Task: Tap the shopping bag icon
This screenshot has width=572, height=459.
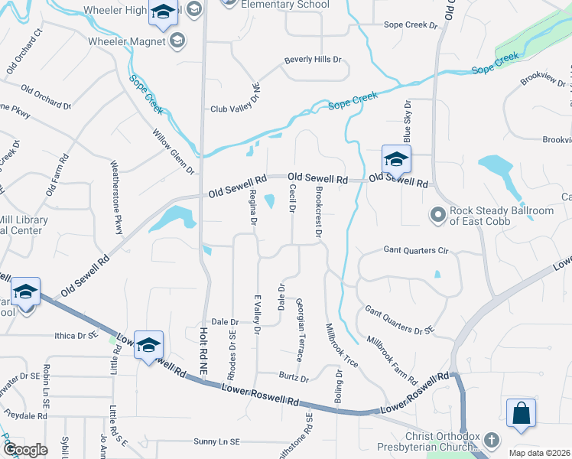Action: click(x=521, y=413)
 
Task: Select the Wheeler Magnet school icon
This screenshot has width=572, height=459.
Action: click(x=177, y=41)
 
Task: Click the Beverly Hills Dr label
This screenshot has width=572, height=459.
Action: click(x=312, y=59)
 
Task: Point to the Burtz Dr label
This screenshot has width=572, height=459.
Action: click(x=294, y=378)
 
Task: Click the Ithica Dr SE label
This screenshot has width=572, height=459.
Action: click(x=76, y=335)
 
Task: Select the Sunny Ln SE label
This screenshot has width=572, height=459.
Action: click(x=216, y=441)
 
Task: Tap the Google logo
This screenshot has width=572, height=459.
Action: click(x=25, y=450)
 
